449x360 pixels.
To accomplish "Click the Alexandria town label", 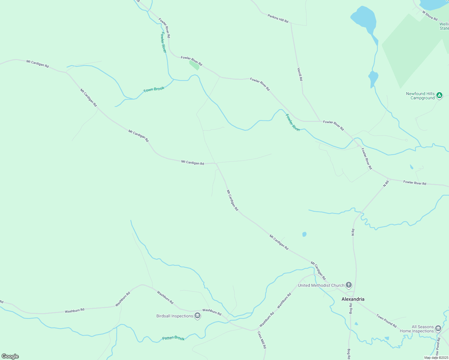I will pos(353,299).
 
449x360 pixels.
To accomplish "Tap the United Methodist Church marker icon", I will pos(348,285).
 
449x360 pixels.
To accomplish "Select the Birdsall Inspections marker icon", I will pos(197,316).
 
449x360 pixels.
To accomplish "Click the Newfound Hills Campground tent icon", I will pos(439,95).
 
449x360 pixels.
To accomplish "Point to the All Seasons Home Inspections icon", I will pos(438,328).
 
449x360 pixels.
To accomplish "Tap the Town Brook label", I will pos(154,89).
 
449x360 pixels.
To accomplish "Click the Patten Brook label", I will pos(173,338).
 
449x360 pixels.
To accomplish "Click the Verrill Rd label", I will pos(300,74).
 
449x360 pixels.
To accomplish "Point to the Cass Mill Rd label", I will pos(261,340).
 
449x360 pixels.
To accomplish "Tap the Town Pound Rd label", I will pos(386,321).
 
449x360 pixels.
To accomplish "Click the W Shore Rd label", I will pos(430,16).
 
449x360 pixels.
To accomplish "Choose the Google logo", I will pos(10,356).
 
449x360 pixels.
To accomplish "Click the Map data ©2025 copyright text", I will pos(436,358).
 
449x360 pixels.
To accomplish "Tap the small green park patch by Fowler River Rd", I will pos(194,65).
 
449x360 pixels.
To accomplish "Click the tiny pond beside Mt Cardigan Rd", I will pos(304,234).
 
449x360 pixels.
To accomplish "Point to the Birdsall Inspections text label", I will pos(175,316).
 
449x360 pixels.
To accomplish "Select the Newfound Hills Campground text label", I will pos(420,96).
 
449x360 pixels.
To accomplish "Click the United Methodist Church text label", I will pos(321,285).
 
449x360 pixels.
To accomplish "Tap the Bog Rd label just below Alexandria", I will pos(350,308).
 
